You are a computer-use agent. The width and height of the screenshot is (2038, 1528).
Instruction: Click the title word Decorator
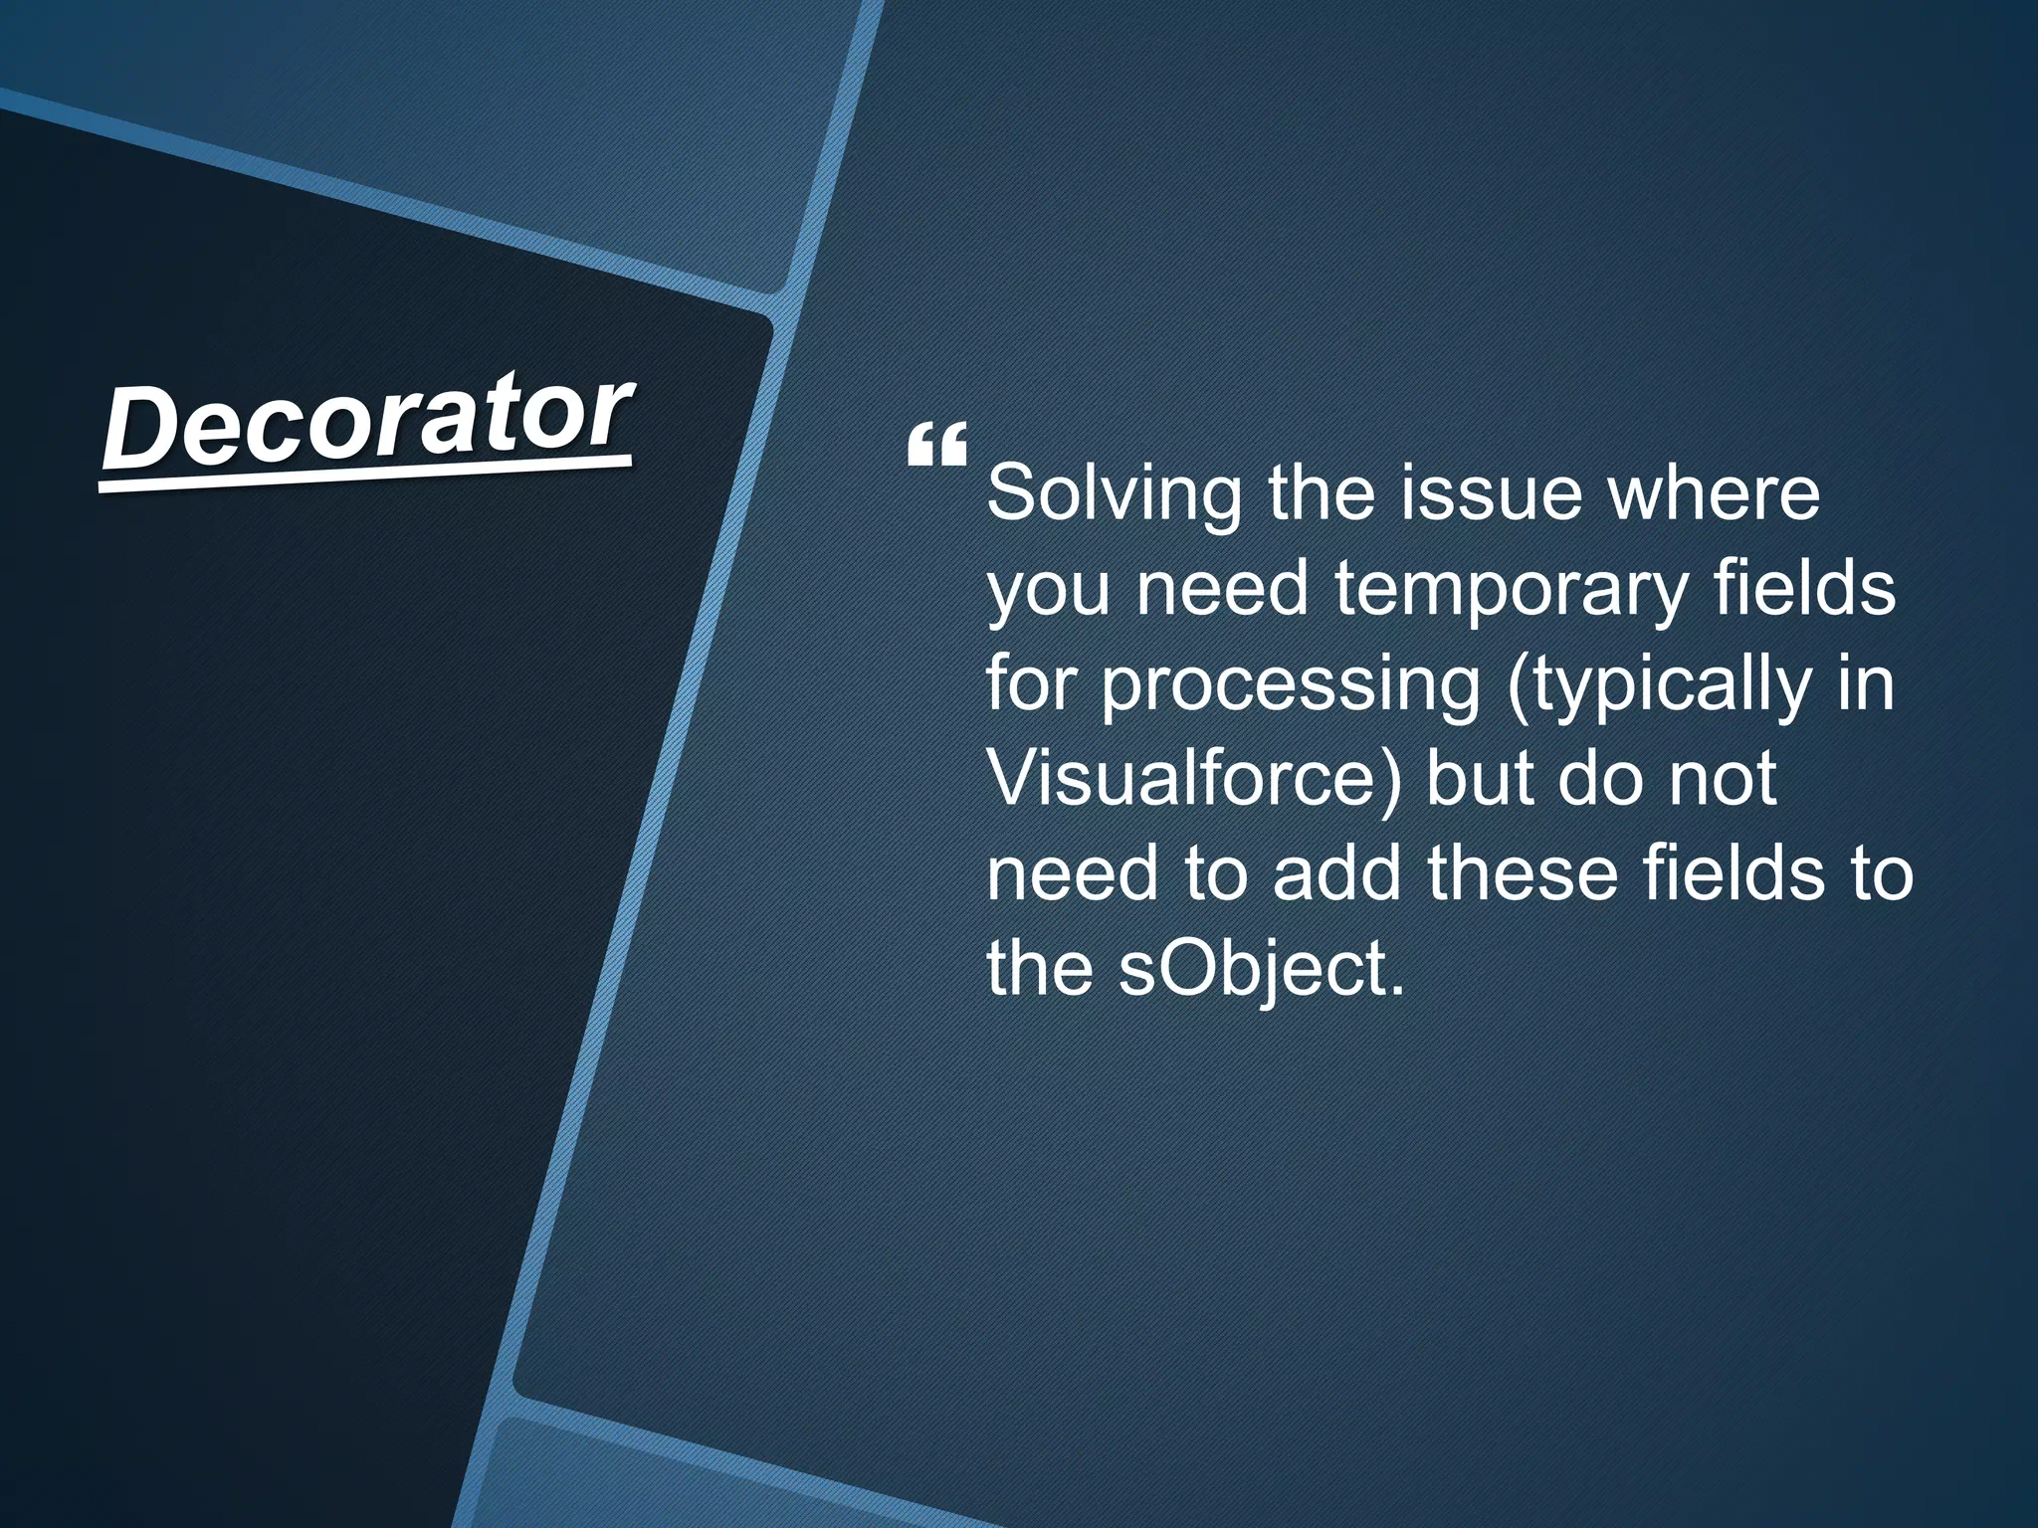coord(367,424)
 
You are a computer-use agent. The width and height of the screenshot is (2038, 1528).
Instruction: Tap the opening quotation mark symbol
coord(936,446)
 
